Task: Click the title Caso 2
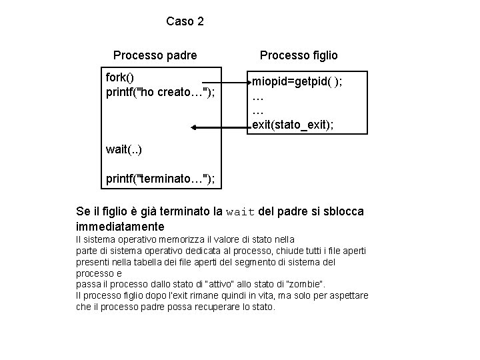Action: point(185,21)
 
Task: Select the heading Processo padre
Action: point(155,55)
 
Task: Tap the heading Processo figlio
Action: point(299,55)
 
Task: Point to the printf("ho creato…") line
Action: point(160,91)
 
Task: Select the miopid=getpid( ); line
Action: point(297,81)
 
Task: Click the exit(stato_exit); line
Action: point(293,124)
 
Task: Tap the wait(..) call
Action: point(123,149)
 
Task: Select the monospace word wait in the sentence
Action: point(241,212)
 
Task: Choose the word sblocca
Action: point(343,212)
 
